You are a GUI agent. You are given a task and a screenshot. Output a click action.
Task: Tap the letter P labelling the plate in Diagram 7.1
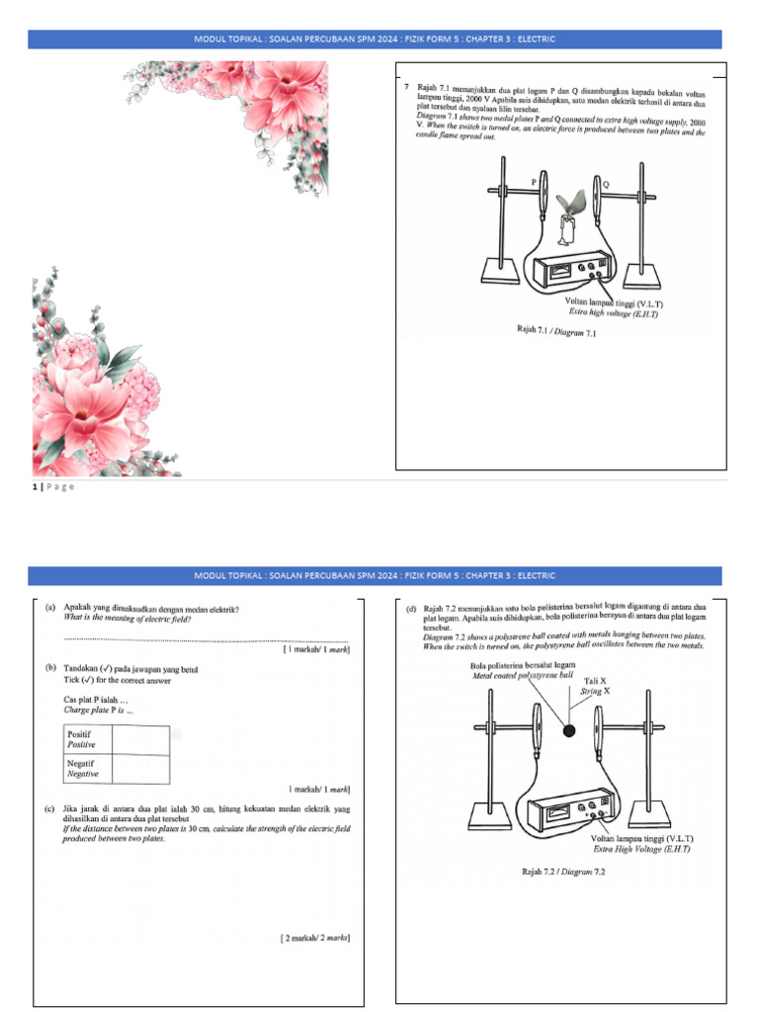[x=535, y=182]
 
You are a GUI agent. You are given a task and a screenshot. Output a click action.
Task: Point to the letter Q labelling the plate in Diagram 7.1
[x=605, y=184]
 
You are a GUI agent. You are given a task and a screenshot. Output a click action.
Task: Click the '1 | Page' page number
[x=53, y=486]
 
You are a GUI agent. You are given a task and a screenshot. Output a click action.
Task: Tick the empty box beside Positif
[x=140, y=740]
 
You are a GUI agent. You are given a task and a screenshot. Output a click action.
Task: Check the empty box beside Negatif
[x=140, y=770]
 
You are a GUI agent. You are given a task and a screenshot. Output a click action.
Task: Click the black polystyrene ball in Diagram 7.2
[x=569, y=730]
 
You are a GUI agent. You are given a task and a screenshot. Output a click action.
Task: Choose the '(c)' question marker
[x=50, y=808]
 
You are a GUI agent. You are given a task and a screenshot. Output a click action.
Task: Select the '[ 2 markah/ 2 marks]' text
[x=314, y=937]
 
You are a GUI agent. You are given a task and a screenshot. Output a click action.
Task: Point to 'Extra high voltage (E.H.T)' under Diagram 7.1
[x=613, y=313]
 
